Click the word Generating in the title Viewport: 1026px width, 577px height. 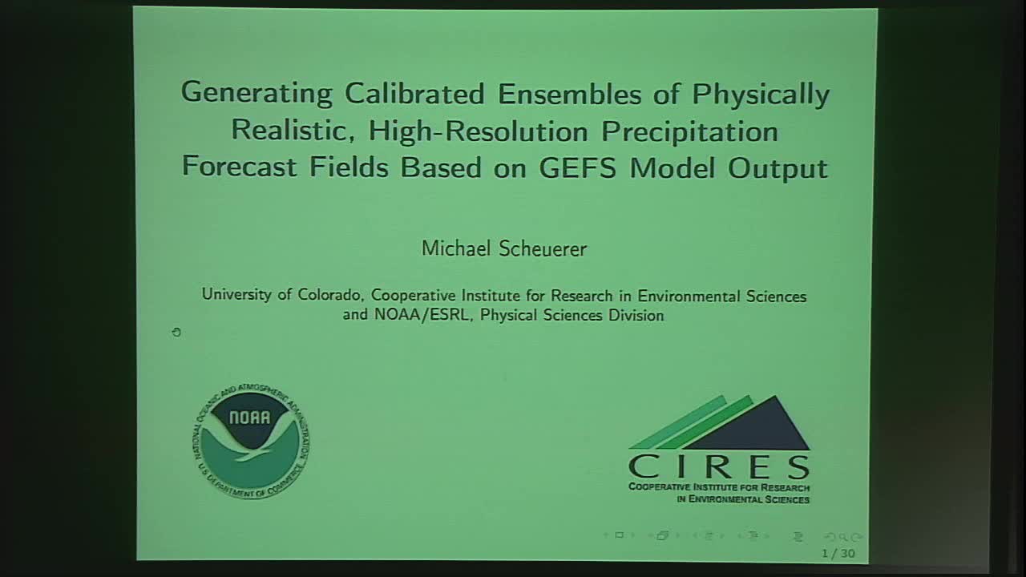point(256,95)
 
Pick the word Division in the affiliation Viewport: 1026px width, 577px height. point(634,315)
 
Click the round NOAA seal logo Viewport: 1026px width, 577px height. point(251,441)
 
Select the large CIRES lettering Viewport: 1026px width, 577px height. point(719,466)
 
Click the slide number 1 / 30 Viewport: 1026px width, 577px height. point(838,553)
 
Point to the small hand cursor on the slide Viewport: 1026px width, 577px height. point(176,331)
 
